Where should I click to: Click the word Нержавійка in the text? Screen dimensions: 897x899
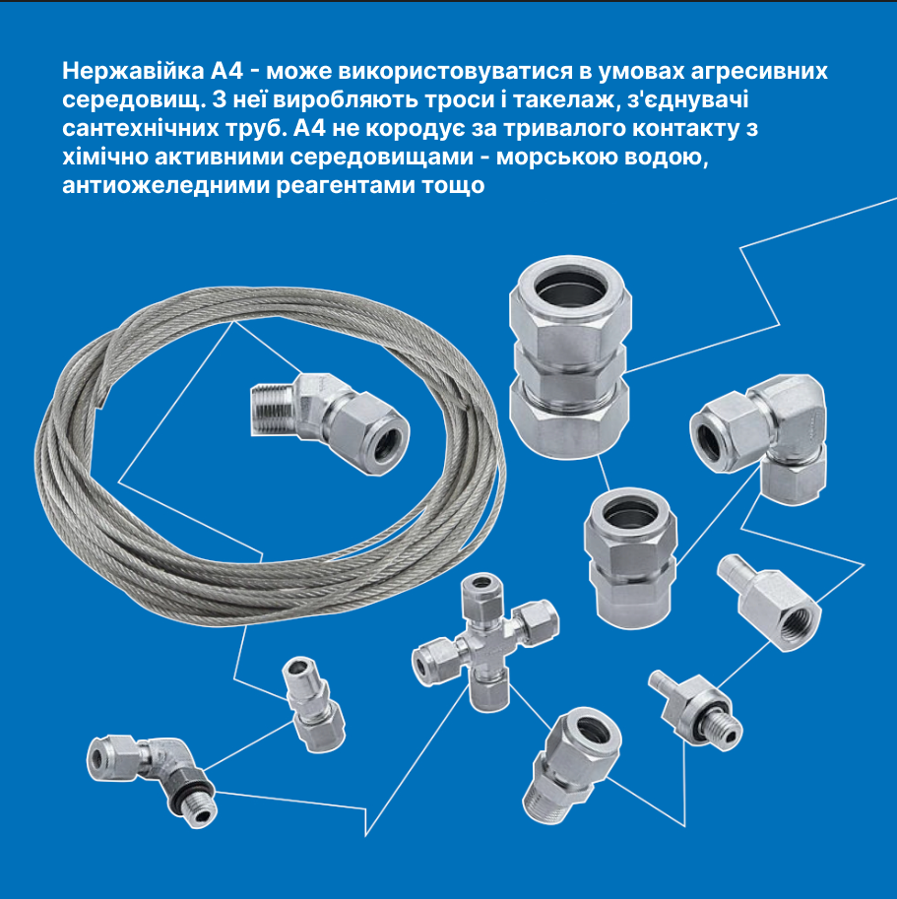click(133, 71)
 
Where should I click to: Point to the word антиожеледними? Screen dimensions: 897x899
click(165, 186)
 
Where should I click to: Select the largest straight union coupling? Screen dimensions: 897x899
click(570, 356)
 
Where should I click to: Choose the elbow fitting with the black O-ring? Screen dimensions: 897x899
click(153, 779)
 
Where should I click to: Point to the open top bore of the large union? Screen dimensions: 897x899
click(571, 287)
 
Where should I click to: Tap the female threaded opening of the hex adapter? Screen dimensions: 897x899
click(799, 620)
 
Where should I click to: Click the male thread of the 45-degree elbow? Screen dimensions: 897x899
click(273, 410)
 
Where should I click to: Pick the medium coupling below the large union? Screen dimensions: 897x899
click(630, 556)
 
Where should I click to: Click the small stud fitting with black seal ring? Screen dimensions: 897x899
click(696, 710)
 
